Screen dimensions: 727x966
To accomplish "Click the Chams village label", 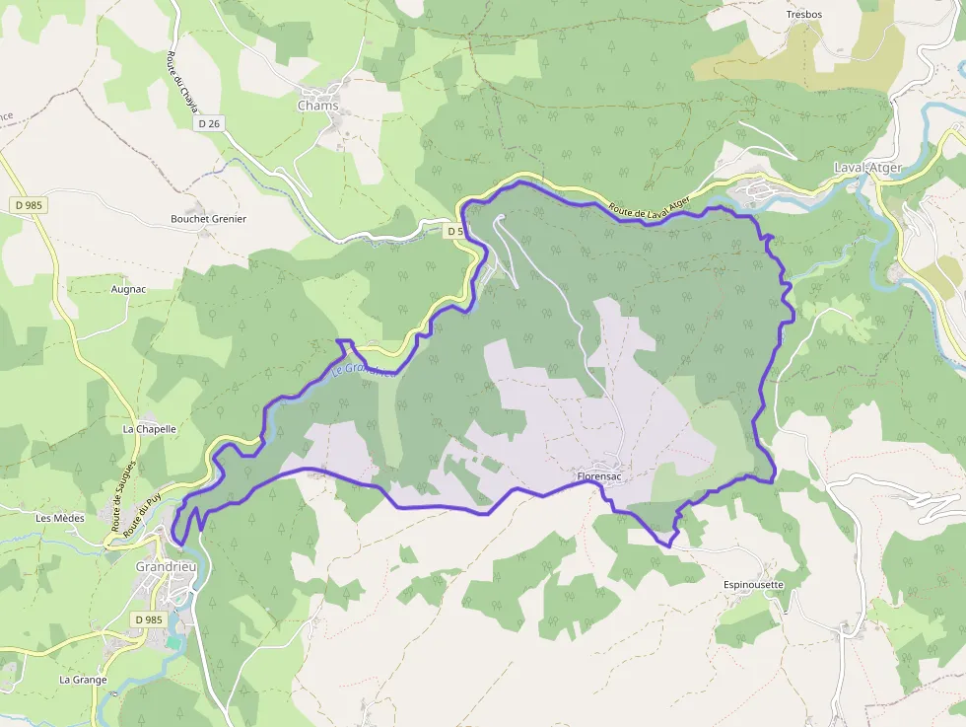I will tap(317, 106).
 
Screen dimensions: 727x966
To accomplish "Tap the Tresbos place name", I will tap(803, 15).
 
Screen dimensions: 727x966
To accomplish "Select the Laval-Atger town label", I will tap(867, 168).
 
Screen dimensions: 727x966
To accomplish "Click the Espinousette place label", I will tap(753, 585).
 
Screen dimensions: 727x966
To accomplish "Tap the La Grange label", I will tap(83, 680).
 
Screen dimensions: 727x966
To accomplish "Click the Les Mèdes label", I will tap(60, 518).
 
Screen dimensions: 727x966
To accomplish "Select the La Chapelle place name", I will tap(149, 430).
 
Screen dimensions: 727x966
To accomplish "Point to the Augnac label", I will tap(128, 289).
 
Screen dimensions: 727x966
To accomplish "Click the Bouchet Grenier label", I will tap(208, 219).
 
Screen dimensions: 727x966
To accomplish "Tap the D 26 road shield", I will tap(209, 124).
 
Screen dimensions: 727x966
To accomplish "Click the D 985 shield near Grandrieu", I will tap(147, 619).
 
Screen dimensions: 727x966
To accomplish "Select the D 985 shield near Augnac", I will tap(31, 204).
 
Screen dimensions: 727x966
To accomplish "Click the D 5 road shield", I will tap(453, 231).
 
